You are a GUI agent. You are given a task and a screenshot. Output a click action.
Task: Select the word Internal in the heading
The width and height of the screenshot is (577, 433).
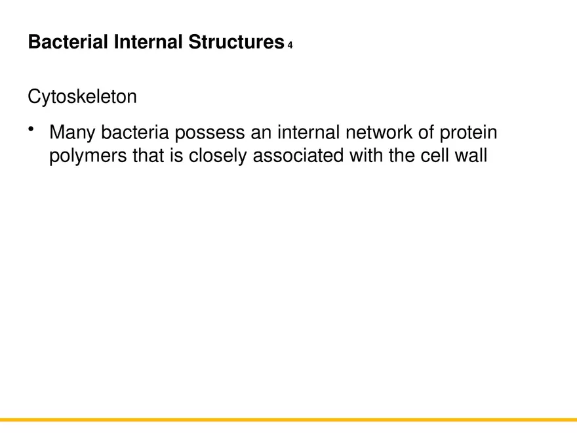[149, 43]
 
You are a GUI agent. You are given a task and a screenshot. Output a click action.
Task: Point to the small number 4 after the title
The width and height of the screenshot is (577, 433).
[290, 45]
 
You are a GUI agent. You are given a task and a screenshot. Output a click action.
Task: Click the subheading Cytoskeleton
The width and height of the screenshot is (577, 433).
[83, 97]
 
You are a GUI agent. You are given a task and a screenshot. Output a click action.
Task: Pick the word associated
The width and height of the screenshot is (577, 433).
[296, 156]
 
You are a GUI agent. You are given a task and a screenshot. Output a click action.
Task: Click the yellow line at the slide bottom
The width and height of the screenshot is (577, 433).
[288, 419]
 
